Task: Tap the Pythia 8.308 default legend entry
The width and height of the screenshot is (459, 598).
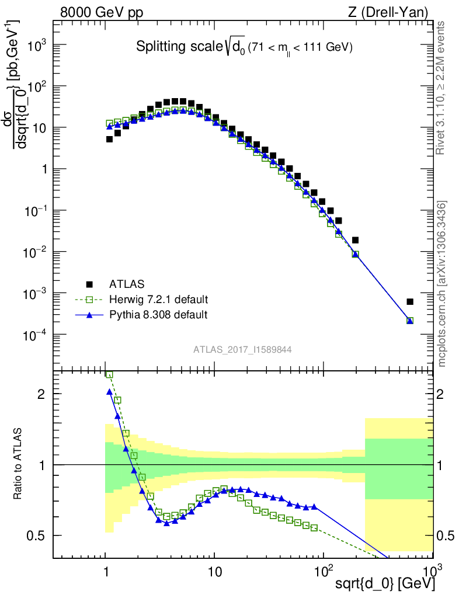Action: pyautogui.click(x=158, y=315)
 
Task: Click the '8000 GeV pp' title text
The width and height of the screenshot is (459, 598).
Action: pyautogui.click(x=102, y=12)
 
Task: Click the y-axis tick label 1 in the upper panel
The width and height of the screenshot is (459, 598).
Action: pyautogui.click(x=43, y=169)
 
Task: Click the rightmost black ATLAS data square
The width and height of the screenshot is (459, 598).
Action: pyautogui.click(x=410, y=302)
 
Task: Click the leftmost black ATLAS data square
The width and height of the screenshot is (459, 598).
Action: pyautogui.click(x=109, y=139)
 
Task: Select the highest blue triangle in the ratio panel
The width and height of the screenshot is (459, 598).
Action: pyautogui.click(x=109, y=392)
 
